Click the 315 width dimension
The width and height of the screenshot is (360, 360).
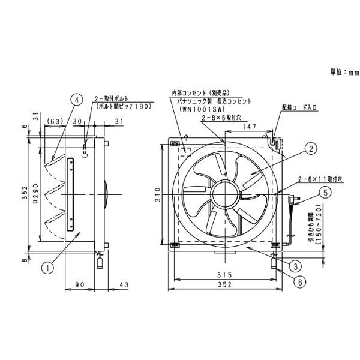point(225,274)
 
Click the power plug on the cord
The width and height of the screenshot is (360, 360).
point(295,199)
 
